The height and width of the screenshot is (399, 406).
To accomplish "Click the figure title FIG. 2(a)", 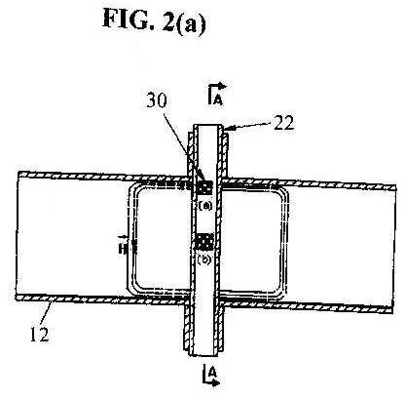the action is click(x=154, y=20).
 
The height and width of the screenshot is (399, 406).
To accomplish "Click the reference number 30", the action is click(x=157, y=101).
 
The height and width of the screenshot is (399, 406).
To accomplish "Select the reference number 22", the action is click(x=283, y=123).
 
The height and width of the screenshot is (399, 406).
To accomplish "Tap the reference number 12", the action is click(x=40, y=334).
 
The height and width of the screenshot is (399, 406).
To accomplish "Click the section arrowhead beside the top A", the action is click(x=223, y=87).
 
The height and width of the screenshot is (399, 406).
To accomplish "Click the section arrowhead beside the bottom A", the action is click(x=215, y=383).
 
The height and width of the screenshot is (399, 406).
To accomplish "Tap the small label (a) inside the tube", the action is click(x=205, y=205).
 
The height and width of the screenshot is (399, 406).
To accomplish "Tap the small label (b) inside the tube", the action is click(x=204, y=260).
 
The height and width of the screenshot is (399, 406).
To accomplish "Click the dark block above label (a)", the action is click(x=205, y=188).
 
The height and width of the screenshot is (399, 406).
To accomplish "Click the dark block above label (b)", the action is click(x=205, y=243).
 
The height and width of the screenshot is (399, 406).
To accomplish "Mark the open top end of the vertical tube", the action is click(x=206, y=126).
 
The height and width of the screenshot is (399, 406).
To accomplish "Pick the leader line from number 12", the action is click(x=47, y=312).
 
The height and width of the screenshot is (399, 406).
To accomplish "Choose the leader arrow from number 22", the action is click(x=246, y=126).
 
